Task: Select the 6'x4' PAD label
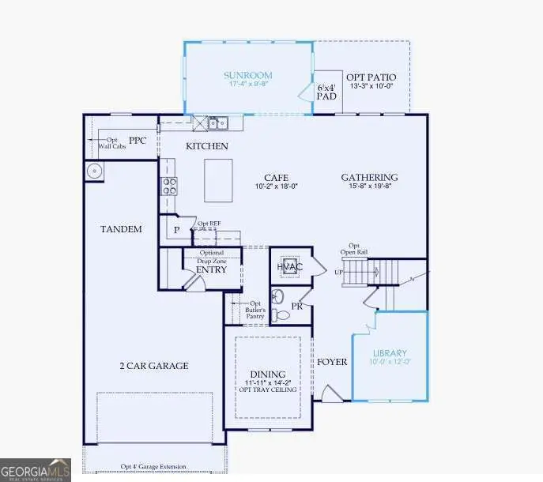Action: pyautogui.click(x=327, y=92)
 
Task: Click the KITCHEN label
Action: pyautogui.click(x=207, y=146)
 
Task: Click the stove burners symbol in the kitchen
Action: pyautogui.click(x=169, y=186)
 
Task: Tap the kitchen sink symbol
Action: pyautogui.click(x=217, y=122)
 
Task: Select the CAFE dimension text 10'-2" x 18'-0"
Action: pyautogui.click(x=276, y=188)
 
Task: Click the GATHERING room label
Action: pyautogui.click(x=369, y=177)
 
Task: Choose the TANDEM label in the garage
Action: pyautogui.click(x=121, y=229)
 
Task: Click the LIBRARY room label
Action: pyautogui.click(x=390, y=352)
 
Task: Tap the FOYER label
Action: pyautogui.click(x=332, y=362)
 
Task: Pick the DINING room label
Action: pyautogui.click(x=267, y=375)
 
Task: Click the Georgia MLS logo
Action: pyautogui.click(x=36, y=469)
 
